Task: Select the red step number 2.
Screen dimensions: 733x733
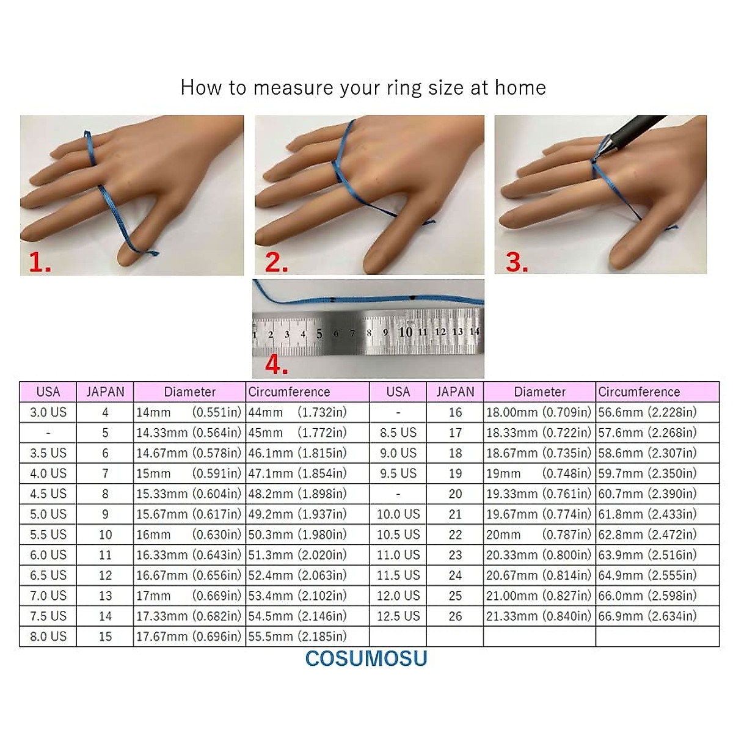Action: click(275, 263)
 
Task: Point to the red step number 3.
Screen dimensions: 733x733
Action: click(516, 262)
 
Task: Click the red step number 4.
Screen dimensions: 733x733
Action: click(275, 365)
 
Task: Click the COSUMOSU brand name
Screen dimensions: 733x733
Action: click(366, 658)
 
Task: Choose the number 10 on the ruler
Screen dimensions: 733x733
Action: click(405, 332)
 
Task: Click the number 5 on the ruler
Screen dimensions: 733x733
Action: click(319, 334)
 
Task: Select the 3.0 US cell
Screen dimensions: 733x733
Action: click(48, 412)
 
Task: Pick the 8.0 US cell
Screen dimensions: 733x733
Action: click(48, 636)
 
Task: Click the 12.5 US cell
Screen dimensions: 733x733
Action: click(398, 616)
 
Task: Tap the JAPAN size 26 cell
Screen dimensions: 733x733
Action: click(455, 616)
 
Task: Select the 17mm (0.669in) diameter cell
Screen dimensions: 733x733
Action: click(189, 596)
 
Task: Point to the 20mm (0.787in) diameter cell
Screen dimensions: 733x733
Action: click(539, 534)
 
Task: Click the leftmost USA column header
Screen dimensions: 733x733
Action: click(48, 392)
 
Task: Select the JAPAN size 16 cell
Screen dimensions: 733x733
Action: click(455, 412)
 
